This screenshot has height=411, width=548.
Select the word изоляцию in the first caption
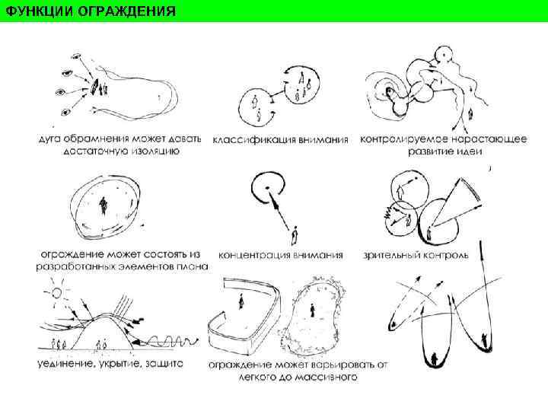click(x=155, y=151)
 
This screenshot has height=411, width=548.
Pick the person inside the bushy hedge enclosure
click(x=311, y=310)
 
